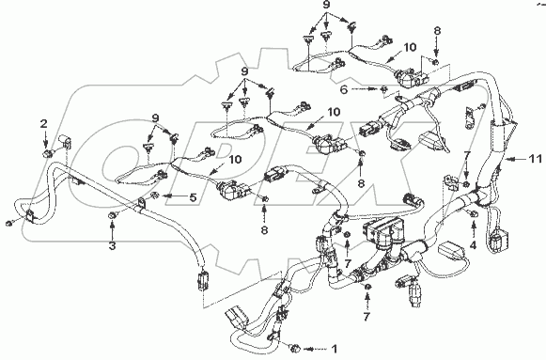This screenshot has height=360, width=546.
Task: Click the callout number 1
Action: coord(334,349)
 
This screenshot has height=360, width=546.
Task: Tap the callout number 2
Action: coord(44,123)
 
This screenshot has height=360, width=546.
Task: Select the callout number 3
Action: coord(112,246)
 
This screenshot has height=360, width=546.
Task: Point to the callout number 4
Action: coord(473,245)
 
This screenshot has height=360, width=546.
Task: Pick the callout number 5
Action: coord(193,197)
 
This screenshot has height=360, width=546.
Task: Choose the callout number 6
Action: coord(344,89)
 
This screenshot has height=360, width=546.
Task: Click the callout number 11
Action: coord(535,159)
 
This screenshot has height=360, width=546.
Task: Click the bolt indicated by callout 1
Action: coord(295,348)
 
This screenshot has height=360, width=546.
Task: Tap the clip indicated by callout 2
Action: coord(45,153)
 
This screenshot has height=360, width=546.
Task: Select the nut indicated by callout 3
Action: coord(112,216)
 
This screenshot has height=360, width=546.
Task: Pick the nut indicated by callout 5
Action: coord(156,196)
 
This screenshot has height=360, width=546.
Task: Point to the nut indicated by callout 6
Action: coord(383,89)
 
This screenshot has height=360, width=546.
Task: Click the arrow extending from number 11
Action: coord(515,160)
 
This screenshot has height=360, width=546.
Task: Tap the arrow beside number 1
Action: coord(316,349)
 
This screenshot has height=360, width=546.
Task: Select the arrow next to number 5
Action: coord(174,196)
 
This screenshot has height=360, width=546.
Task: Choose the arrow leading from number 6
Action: coord(365,89)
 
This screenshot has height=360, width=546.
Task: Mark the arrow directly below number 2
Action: coord(44,139)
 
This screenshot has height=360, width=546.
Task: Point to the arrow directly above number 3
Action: coord(112,230)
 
